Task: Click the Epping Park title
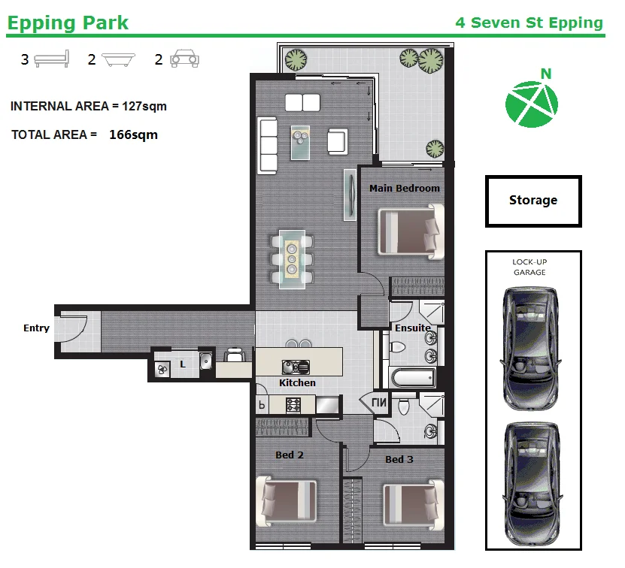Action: pyautogui.click(x=68, y=23)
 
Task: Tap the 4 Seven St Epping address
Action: pyautogui.click(x=529, y=23)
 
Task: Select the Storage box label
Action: pyautogui.click(x=533, y=200)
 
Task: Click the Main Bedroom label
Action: pyautogui.click(x=404, y=188)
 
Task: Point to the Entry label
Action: pyautogui.click(x=36, y=328)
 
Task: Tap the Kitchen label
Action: pyautogui.click(x=297, y=382)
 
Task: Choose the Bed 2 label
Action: pyautogui.click(x=290, y=455)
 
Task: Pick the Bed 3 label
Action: pyautogui.click(x=399, y=459)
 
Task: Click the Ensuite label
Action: pyautogui.click(x=413, y=328)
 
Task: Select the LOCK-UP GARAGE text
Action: pyautogui.click(x=529, y=267)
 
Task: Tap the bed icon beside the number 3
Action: pyautogui.click(x=52, y=59)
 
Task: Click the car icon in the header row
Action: pyautogui.click(x=184, y=59)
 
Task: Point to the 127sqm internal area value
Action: pyautogui.click(x=144, y=107)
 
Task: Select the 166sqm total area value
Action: pyautogui.click(x=134, y=134)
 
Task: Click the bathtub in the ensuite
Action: pyautogui.click(x=413, y=377)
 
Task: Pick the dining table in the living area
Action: pyautogui.click(x=292, y=259)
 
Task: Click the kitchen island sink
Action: pyautogui.click(x=296, y=367)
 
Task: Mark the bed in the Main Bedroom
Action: pyautogui.click(x=411, y=232)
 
